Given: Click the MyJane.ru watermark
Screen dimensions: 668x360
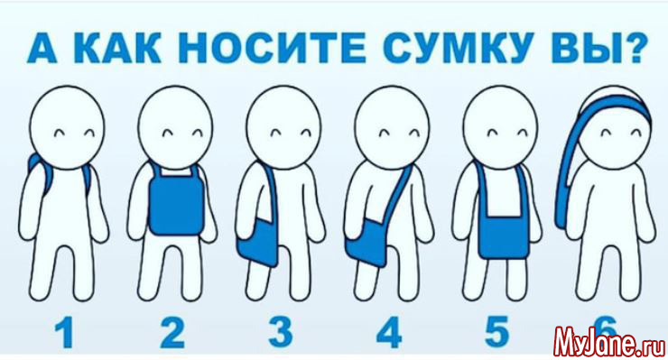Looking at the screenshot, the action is coord(609,340).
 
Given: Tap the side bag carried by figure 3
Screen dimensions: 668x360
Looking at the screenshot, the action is coord(258,242).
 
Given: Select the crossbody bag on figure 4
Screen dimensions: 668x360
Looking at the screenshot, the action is coord(366,243).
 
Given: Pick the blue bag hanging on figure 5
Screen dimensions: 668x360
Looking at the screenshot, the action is coord(503,237).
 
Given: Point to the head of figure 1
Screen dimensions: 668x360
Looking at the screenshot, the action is coord(67,127).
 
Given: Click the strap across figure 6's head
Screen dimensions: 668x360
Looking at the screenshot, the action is coord(614,106).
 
